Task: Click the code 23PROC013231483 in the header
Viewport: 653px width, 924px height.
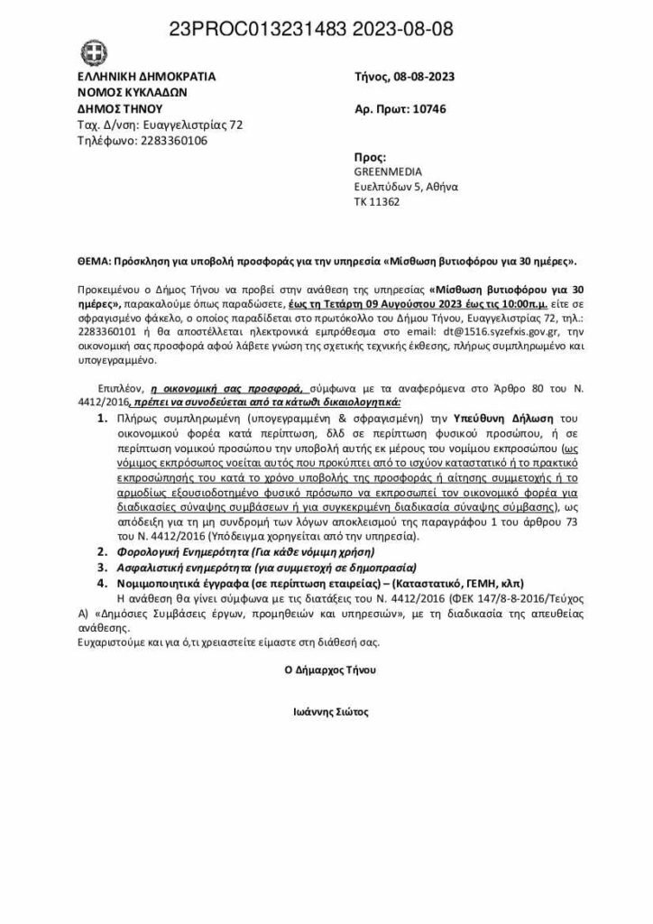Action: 249,30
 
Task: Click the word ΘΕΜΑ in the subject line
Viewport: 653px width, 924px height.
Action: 89,261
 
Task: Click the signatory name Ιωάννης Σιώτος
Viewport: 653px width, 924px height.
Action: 326,711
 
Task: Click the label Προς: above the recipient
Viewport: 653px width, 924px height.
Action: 370,156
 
